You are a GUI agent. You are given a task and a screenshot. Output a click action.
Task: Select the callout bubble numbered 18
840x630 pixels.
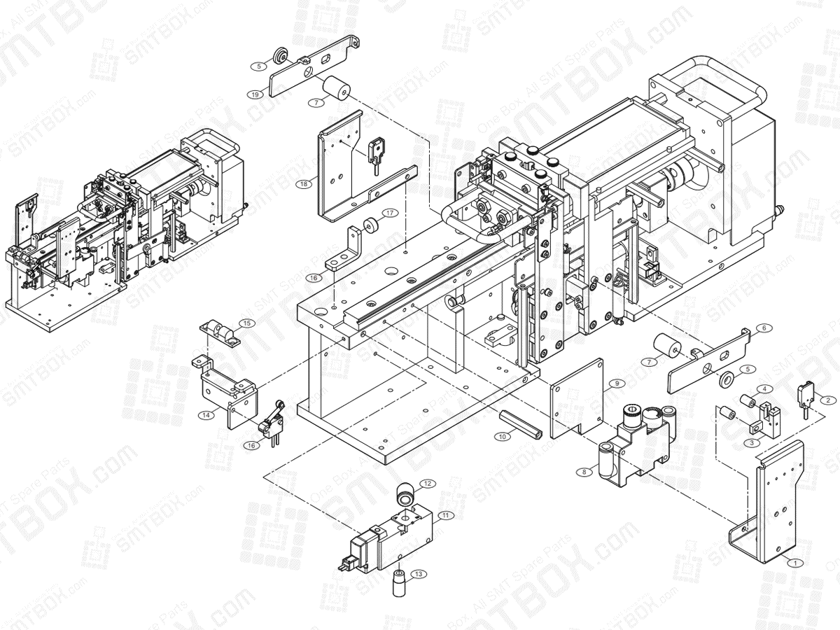(x=303, y=184)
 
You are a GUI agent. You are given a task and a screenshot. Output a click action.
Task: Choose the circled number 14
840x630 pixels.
(x=206, y=414)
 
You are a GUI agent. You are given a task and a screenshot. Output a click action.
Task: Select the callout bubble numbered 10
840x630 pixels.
(x=501, y=435)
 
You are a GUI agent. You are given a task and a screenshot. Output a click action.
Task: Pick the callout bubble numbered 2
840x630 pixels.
(x=828, y=400)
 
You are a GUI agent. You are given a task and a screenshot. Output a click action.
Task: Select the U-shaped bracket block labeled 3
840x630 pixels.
(x=760, y=423)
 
